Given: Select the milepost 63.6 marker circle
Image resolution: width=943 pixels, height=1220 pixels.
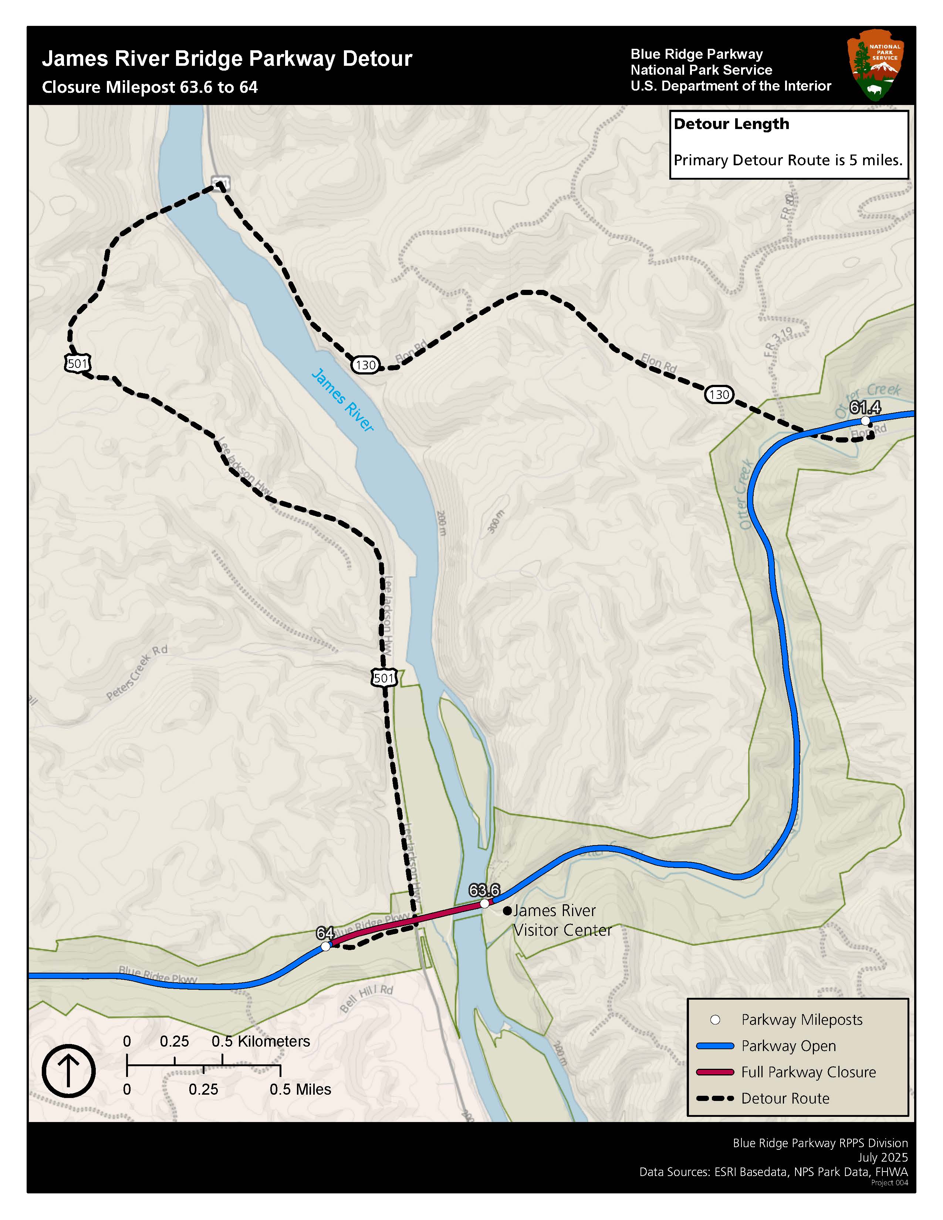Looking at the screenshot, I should pyautogui.click(x=485, y=903).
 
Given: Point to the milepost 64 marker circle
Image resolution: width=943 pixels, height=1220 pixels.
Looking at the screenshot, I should pyautogui.click(x=325, y=946).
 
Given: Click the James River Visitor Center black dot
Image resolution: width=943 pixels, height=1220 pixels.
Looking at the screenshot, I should pyautogui.click(x=507, y=911).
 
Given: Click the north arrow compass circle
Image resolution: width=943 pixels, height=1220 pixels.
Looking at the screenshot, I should pyautogui.click(x=69, y=1071).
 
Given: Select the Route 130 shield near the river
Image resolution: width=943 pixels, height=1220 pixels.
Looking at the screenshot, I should pyautogui.click(x=365, y=365).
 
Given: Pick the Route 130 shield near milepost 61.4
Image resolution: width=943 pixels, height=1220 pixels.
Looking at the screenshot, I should pyautogui.click(x=719, y=395).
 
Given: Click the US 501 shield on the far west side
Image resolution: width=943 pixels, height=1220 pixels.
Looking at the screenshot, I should pyautogui.click(x=77, y=364).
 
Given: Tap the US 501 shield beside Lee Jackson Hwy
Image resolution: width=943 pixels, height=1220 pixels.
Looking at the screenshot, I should pyautogui.click(x=384, y=678).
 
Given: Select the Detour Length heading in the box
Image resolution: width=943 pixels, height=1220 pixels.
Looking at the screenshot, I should pyautogui.click(x=731, y=124).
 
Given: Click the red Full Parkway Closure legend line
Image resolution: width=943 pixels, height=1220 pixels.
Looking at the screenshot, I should pyautogui.click(x=714, y=1072).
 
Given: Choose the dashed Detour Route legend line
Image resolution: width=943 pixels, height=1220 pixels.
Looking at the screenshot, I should pyautogui.click(x=714, y=1098).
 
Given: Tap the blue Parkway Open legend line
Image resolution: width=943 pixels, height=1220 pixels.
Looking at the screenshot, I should pyautogui.click(x=714, y=1046).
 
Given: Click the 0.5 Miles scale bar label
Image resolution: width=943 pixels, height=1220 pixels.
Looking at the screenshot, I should pyautogui.click(x=300, y=1089).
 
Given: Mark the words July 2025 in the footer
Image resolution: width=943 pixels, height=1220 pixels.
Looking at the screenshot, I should pyautogui.click(x=883, y=1158).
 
